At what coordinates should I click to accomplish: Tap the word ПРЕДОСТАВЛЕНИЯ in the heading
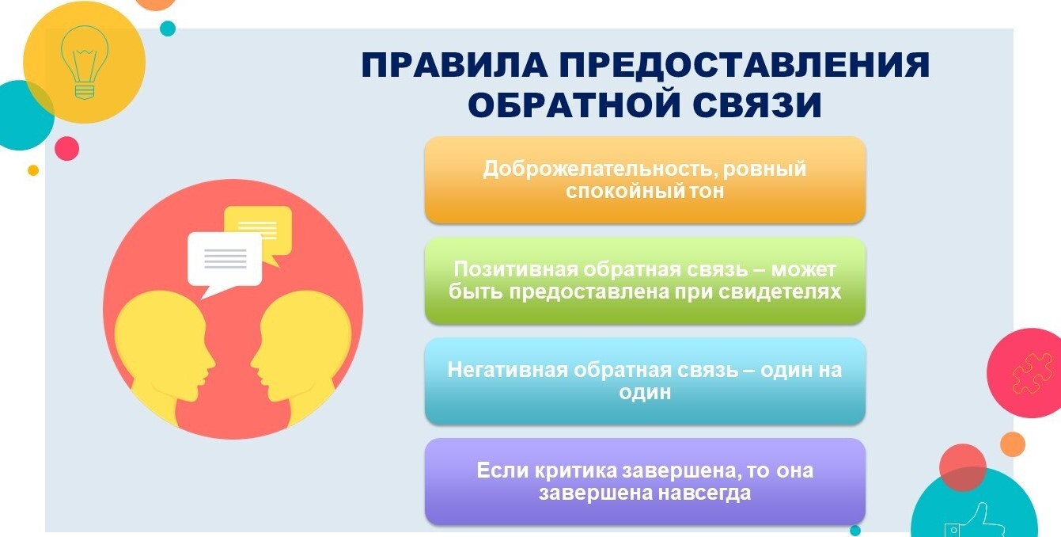click(745, 65)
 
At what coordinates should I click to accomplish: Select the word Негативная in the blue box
click(507, 370)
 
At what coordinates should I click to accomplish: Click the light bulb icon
click(85, 62)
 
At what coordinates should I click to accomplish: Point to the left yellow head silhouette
click(164, 356)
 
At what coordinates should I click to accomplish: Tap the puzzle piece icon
click(1033, 374)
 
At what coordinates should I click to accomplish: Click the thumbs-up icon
click(976, 521)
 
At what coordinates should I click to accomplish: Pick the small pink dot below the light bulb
click(66, 148)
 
